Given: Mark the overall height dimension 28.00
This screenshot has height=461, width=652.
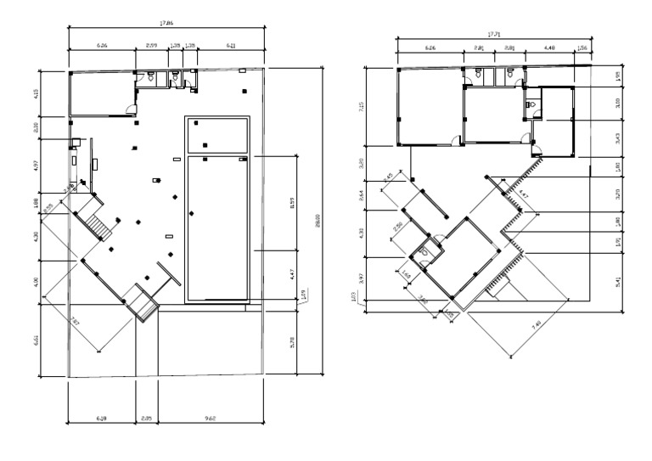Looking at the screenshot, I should (318, 218).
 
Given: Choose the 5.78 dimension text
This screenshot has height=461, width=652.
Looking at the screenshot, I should (293, 342).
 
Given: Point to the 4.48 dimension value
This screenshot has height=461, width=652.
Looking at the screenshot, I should (549, 49).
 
